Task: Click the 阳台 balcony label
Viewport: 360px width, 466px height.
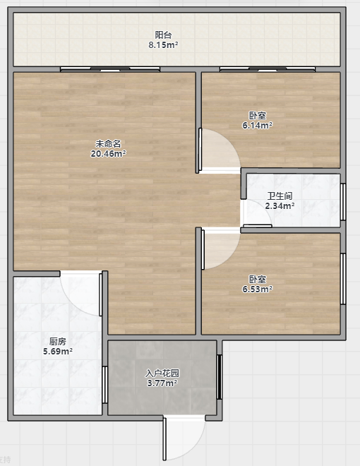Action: tap(163, 35)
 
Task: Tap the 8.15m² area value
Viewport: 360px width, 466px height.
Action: tap(163, 45)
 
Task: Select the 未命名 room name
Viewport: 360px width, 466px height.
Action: tap(108, 144)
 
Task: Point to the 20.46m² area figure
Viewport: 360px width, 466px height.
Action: tap(108, 154)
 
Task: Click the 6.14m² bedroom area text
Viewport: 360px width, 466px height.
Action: tap(257, 126)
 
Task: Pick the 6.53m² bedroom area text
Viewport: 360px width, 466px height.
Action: tap(257, 289)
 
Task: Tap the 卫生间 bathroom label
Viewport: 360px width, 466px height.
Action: tap(280, 196)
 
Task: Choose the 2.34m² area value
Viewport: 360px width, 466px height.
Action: tap(280, 205)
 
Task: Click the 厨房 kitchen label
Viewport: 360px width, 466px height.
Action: tap(58, 342)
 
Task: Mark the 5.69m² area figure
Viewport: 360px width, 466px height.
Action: tap(58, 352)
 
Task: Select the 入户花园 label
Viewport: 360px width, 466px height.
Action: tap(162, 374)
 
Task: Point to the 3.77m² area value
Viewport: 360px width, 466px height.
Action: tap(162, 383)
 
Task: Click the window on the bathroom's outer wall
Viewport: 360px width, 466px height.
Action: tap(343, 202)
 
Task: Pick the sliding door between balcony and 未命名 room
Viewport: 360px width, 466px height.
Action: tap(110, 69)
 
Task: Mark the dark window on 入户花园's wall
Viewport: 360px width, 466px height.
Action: tap(220, 377)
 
